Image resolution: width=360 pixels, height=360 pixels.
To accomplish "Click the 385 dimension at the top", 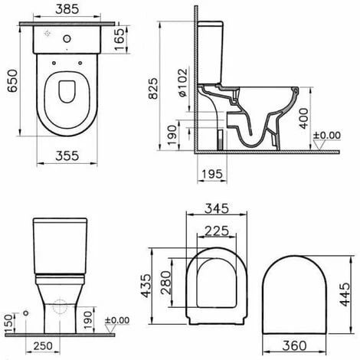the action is click(67, 9).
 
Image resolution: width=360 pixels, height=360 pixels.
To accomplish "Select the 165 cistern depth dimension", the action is click(119, 39).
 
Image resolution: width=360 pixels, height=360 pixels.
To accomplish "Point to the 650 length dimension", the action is click(12, 80).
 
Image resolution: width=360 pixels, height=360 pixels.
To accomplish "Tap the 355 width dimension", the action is click(67, 155).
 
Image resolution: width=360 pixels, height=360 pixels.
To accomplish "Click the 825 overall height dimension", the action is click(153, 88).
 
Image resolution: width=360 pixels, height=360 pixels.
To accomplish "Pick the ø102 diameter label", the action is click(183, 82).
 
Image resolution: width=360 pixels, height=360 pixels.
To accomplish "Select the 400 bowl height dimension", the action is click(303, 119).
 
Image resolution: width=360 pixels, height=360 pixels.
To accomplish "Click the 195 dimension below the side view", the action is click(212, 174).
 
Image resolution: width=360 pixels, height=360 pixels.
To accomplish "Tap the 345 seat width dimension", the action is click(217, 208).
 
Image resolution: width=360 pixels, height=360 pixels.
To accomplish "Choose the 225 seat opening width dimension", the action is click(217, 231).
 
